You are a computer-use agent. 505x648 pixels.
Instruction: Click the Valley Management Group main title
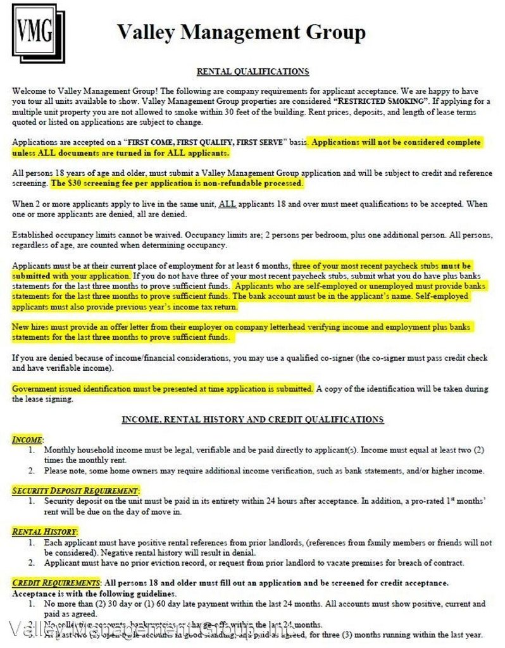click(x=241, y=32)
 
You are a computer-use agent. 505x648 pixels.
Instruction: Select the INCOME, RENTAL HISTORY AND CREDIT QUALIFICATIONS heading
click(x=252, y=419)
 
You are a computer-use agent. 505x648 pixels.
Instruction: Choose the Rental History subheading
click(x=45, y=532)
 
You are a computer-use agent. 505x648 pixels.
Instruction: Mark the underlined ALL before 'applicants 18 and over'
click(x=225, y=204)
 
